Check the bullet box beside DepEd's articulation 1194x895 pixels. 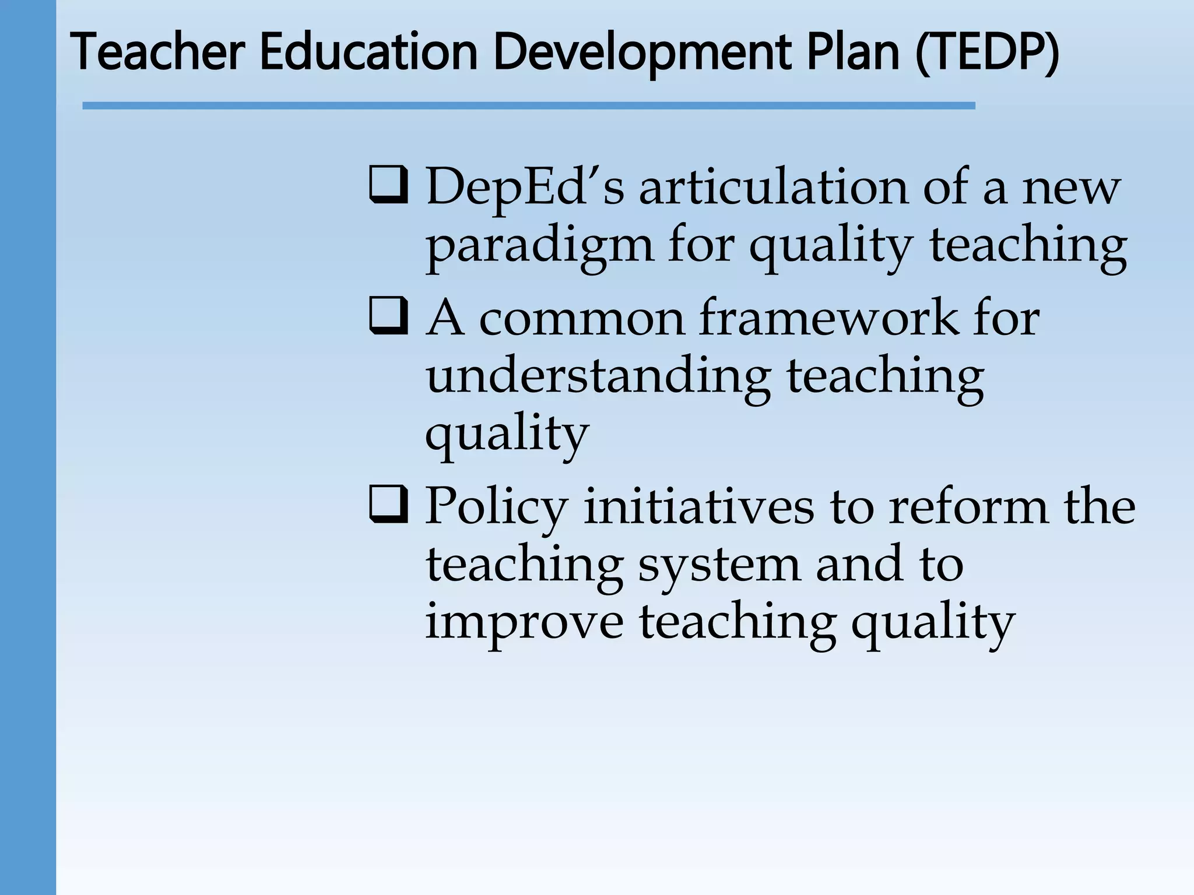point(388,185)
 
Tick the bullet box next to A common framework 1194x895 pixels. point(388,316)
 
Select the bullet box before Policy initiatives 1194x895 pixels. point(388,504)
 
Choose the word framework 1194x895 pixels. point(828,319)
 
